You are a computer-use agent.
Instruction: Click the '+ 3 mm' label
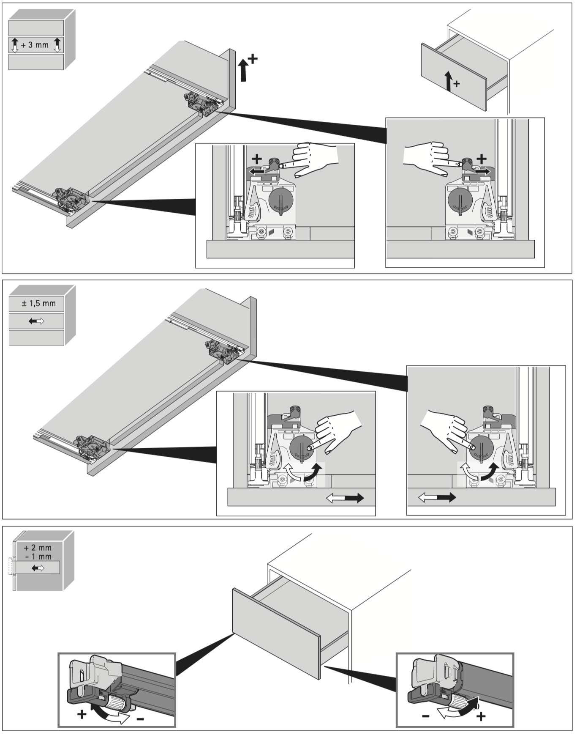pos(35,45)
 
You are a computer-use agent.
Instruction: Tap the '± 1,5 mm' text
pos(38,303)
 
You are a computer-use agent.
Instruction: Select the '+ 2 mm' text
pos(38,548)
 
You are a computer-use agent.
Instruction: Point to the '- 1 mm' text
pos(38,557)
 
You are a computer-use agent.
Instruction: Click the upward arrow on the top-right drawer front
pos(449,80)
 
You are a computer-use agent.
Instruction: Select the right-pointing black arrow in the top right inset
pos(483,171)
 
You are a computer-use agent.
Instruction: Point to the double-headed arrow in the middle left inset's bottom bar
pos(345,498)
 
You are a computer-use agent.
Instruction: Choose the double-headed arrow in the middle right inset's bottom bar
pos(437,497)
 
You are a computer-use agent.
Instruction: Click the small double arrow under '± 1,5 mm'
pos(36,321)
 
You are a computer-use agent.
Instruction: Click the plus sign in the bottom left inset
pos(82,714)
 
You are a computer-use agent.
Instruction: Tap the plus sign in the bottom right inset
pos(481,716)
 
